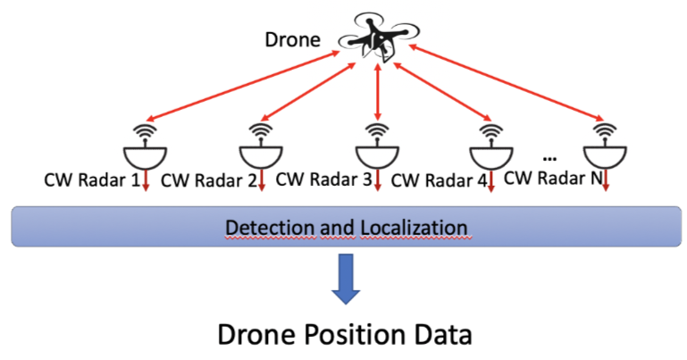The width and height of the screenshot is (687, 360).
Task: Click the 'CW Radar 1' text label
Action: tap(91, 181)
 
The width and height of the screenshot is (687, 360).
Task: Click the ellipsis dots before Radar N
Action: tap(549, 155)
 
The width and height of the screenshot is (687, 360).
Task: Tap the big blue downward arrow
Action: tap(344, 279)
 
